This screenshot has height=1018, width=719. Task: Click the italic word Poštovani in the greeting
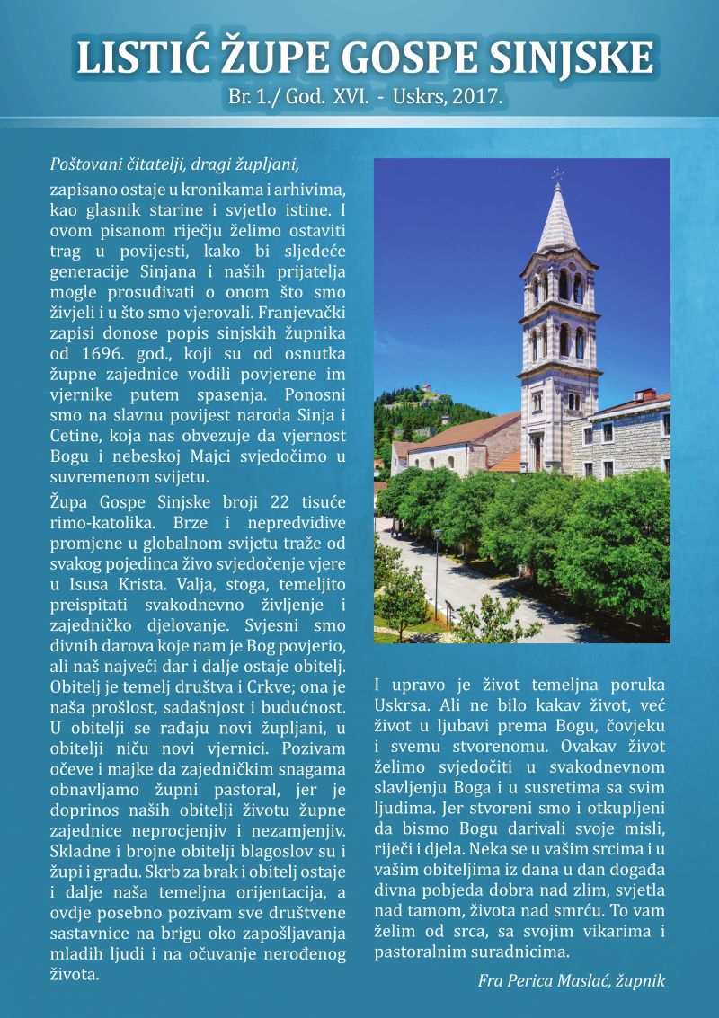pos(82,165)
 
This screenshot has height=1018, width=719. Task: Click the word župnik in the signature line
pos(640,980)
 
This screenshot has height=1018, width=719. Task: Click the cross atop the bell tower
pos(557,173)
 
